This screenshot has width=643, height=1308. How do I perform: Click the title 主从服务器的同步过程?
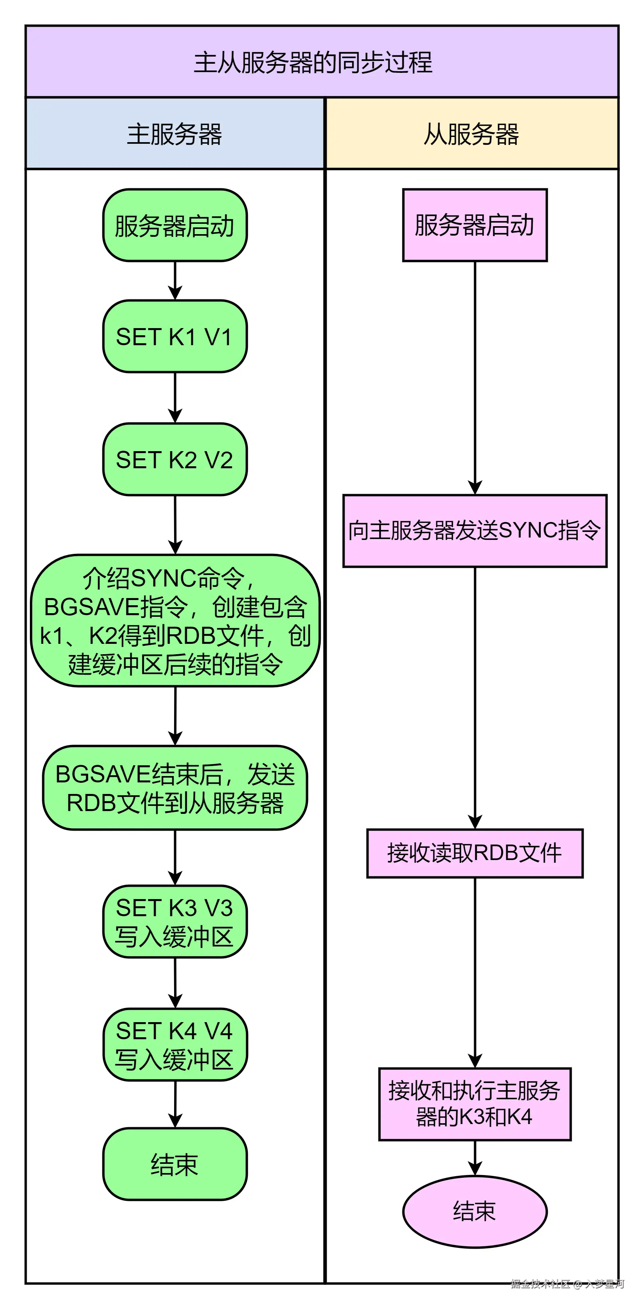[x=313, y=63]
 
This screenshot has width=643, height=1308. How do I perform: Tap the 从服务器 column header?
[x=471, y=134]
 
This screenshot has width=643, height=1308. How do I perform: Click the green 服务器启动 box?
[x=175, y=226]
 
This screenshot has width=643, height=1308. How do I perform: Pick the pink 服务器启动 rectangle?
[x=474, y=225]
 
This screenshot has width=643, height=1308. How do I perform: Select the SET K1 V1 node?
[x=175, y=336]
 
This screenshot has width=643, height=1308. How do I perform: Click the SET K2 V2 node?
[x=175, y=459]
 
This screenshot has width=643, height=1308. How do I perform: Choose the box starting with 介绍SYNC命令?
[x=175, y=620]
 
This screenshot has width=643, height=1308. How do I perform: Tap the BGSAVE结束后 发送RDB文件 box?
[x=175, y=788]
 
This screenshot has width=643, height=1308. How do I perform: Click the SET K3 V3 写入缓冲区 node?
[x=175, y=922]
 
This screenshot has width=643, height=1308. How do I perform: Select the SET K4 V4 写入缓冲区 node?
[x=175, y=1045]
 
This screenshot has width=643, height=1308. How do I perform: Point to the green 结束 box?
[x=175, y=1164]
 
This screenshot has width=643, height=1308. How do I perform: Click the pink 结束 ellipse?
[x=474, y=1212]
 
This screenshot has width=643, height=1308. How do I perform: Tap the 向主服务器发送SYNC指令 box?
[x=474, y=531]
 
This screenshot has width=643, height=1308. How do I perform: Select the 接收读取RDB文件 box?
[x=474, y=853]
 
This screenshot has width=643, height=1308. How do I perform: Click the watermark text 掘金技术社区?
[x=540, y=1284]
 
